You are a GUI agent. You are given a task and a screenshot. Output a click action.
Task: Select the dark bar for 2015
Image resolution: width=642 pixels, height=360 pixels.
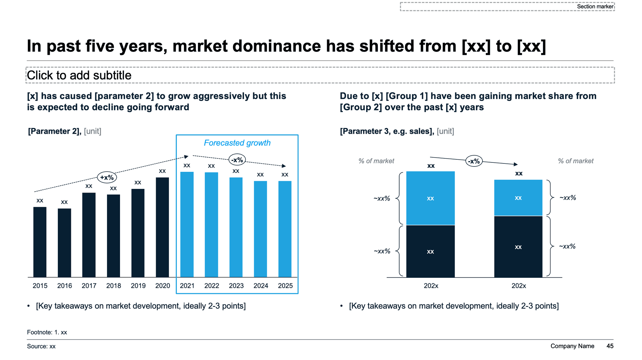(40, 242)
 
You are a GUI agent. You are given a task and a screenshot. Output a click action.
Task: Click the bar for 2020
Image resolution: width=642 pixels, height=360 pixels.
(163, 227)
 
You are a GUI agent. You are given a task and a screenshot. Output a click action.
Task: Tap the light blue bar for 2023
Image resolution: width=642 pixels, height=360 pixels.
(236, 227)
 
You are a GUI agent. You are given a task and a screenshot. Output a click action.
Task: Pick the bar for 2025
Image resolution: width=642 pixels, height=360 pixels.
(285, 229)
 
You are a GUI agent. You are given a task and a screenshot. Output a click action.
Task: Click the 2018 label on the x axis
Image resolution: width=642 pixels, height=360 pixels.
(114, 286)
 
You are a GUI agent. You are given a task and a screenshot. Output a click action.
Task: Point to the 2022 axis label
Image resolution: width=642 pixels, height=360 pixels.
(212, 286)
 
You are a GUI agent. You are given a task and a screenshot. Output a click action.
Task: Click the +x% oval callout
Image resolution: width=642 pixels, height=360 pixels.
(107, 177)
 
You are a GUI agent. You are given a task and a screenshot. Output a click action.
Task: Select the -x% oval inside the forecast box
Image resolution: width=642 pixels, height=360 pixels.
(237, 160)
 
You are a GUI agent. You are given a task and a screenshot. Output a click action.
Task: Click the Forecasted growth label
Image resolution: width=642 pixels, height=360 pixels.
(237, 143)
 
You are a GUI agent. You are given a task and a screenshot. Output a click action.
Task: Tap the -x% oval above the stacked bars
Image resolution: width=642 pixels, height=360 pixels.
(474, 161)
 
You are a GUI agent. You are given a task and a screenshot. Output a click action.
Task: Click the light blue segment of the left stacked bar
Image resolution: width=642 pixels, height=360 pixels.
(430, 198)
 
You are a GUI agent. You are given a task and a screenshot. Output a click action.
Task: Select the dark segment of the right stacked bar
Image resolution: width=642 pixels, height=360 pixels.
(518, 247)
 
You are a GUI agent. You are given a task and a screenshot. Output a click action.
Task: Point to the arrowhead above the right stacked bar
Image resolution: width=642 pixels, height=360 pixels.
(516, 164)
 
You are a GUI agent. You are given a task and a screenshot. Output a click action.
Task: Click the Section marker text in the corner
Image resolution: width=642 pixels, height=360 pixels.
(595, 6)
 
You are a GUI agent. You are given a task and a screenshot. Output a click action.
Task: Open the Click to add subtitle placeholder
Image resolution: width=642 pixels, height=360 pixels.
(79, 76)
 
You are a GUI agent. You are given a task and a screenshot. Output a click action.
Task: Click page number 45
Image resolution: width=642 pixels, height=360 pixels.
(610, 346)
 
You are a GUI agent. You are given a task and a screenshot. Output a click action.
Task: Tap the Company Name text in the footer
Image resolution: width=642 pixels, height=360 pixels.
(572, 346)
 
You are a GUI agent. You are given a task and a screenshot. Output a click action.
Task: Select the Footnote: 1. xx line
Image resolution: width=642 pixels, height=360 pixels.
(47, 332)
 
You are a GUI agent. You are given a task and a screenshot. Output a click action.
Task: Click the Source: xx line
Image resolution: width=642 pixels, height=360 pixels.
(41, 346)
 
